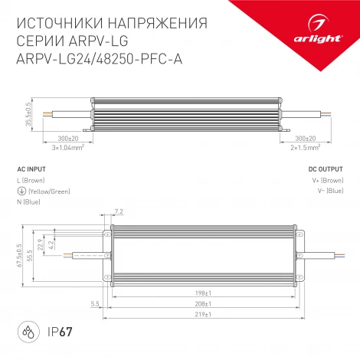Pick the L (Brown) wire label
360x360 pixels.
pos(31,180)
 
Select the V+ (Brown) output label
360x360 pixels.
pos(328,180)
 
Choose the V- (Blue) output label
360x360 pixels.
pos(329,191)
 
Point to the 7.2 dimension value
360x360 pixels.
pos(118,210)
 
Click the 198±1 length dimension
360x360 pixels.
pos(202,292)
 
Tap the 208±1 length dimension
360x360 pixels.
pos(202,303)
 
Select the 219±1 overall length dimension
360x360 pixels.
pos(202,313)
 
